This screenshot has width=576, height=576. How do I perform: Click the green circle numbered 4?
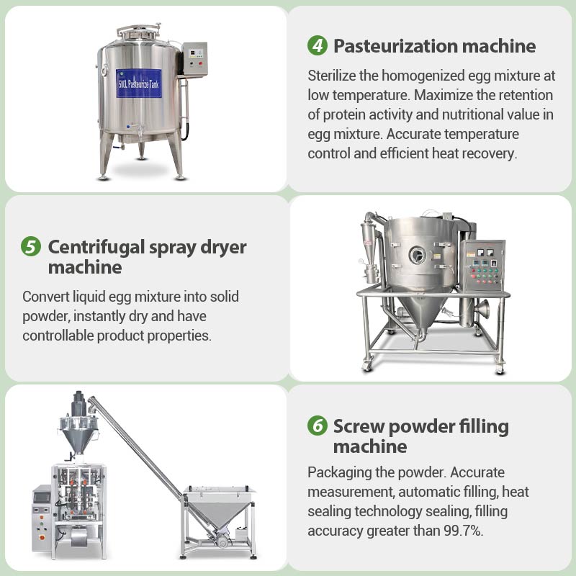[318, 46]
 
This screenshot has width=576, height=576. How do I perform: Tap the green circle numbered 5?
[31, 247]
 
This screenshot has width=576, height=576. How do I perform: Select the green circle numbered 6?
[318, 426]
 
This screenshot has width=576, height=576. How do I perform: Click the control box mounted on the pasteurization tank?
[194, 58]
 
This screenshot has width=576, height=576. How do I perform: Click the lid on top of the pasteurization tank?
[138, 32]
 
